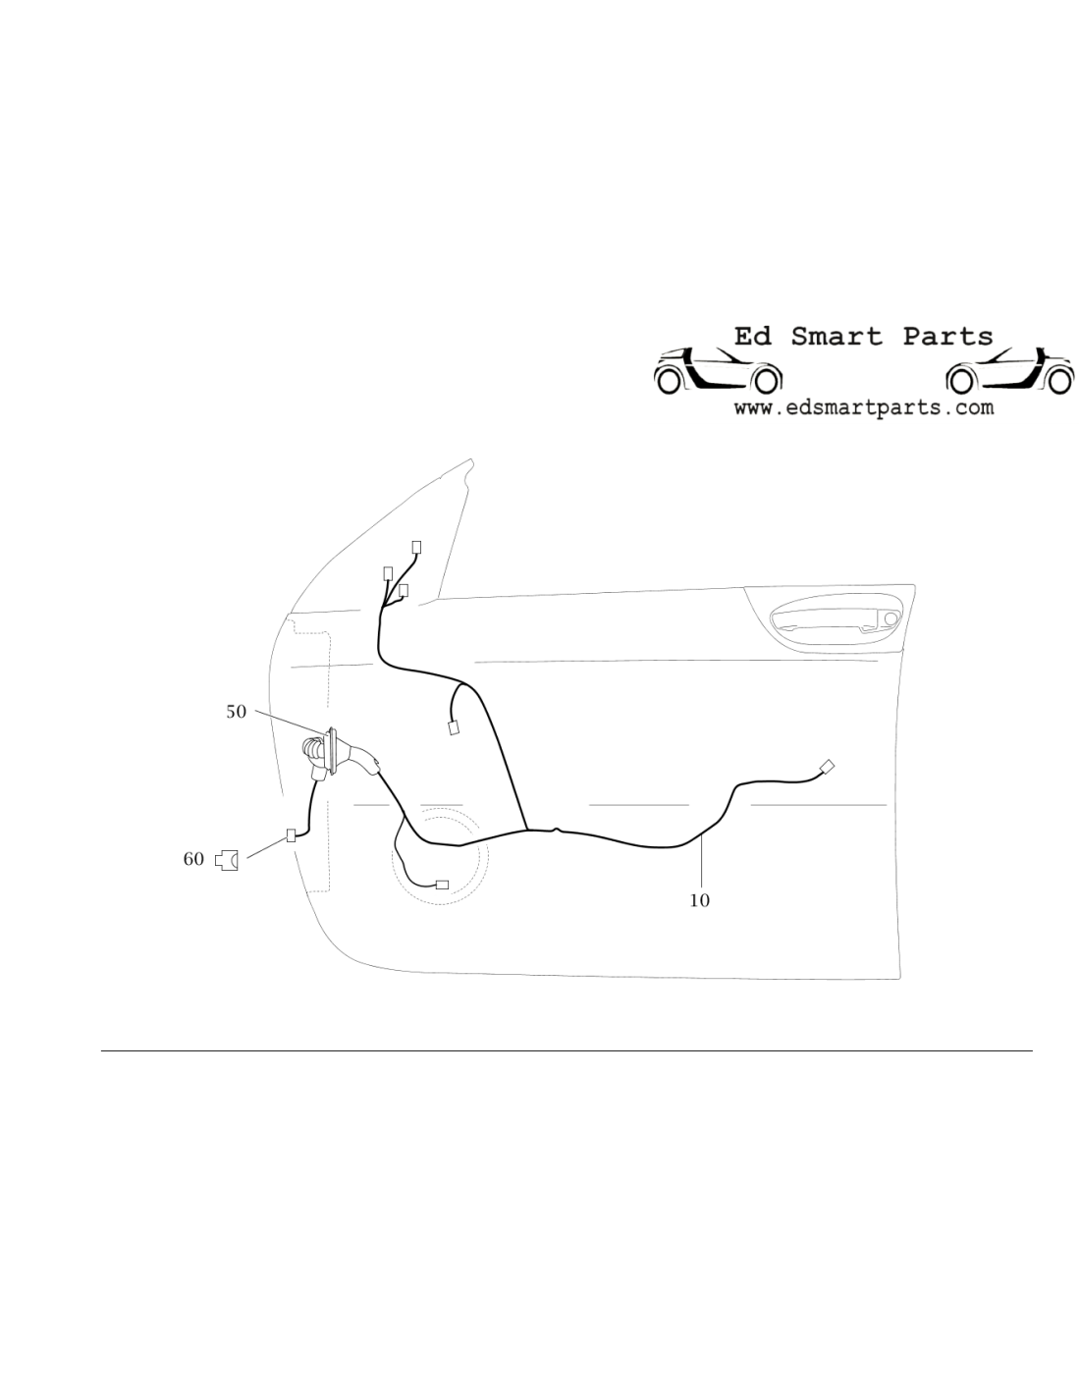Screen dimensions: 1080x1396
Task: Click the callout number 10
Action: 700,900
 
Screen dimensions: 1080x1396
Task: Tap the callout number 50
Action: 236,712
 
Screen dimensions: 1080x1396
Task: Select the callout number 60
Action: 193,859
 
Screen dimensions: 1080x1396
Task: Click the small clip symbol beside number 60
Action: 226,860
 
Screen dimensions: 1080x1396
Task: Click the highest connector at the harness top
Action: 416,548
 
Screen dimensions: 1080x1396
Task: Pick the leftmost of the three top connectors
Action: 388,573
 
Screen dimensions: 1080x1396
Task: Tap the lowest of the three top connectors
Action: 403,590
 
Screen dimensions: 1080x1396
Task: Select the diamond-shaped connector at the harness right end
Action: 827,766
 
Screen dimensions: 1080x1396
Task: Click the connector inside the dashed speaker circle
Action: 442,885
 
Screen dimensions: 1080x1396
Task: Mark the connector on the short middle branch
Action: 454,728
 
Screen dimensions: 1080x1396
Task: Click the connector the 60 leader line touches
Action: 291,835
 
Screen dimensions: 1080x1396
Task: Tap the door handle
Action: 837,621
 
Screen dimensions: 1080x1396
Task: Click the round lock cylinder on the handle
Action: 891,618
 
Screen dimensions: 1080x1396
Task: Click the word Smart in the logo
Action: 837,337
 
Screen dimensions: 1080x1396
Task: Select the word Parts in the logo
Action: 947,337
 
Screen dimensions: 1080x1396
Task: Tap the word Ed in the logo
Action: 753,337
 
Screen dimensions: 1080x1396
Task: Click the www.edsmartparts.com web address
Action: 864,407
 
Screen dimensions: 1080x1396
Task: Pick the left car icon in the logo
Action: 718,371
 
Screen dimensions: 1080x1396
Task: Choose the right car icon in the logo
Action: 1009,371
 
